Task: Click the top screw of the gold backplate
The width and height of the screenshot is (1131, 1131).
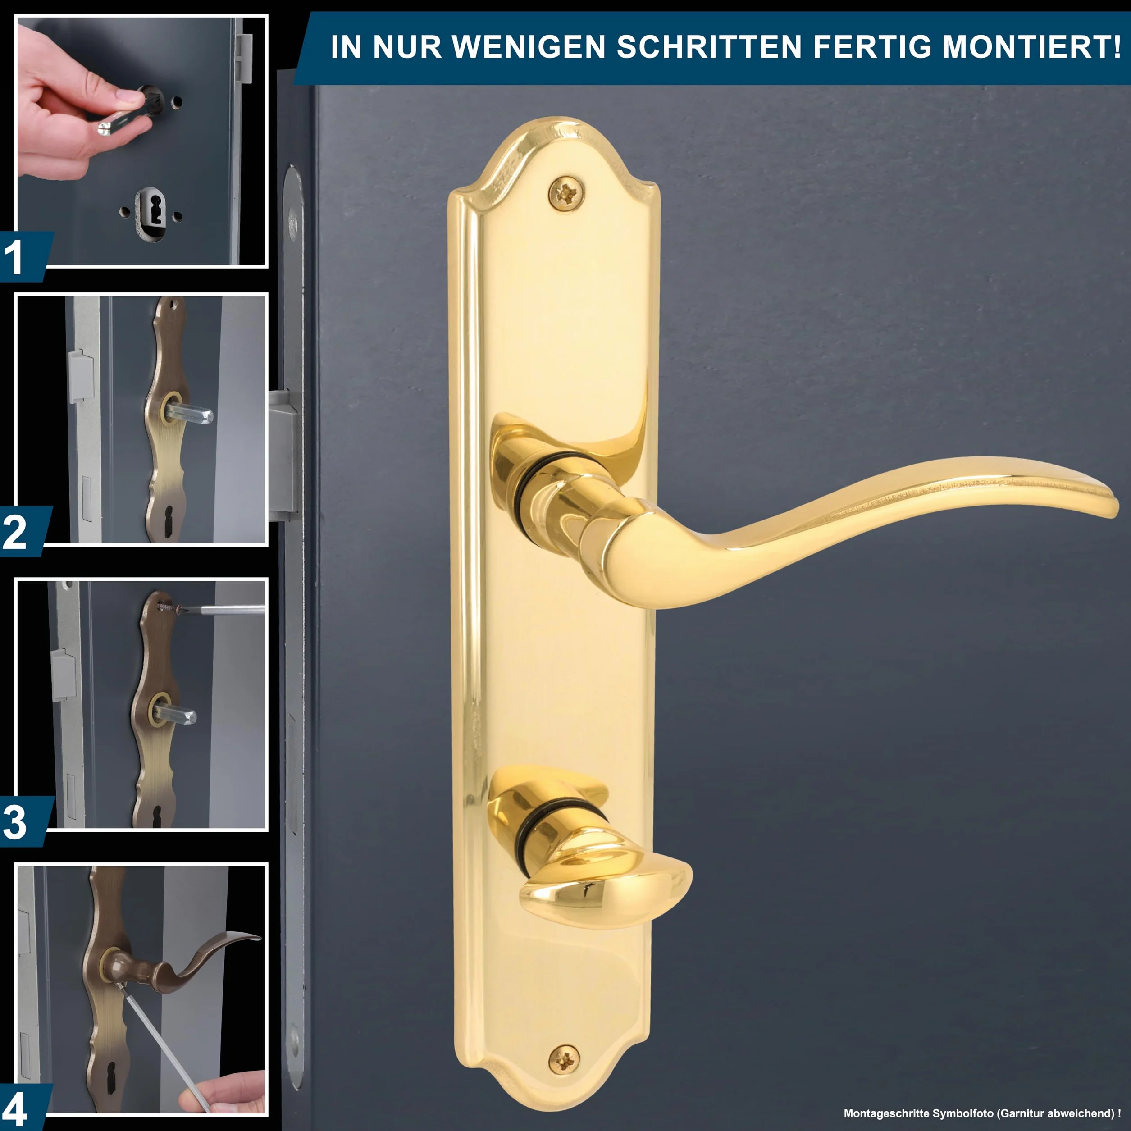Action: click(x=566, y=192)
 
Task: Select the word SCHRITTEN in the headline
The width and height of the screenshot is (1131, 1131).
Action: click(x=709, y=47)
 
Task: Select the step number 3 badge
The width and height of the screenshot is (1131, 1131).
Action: click(x=23, y=822)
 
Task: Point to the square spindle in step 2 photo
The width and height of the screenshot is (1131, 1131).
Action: click(x=190, y=413)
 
